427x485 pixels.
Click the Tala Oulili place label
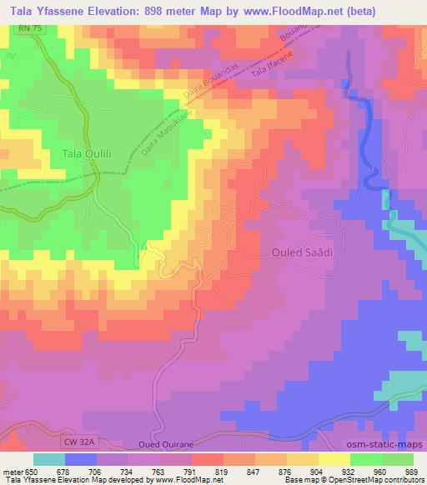[x=88, y=153]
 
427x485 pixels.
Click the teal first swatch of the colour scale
[x=49, y=458]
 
